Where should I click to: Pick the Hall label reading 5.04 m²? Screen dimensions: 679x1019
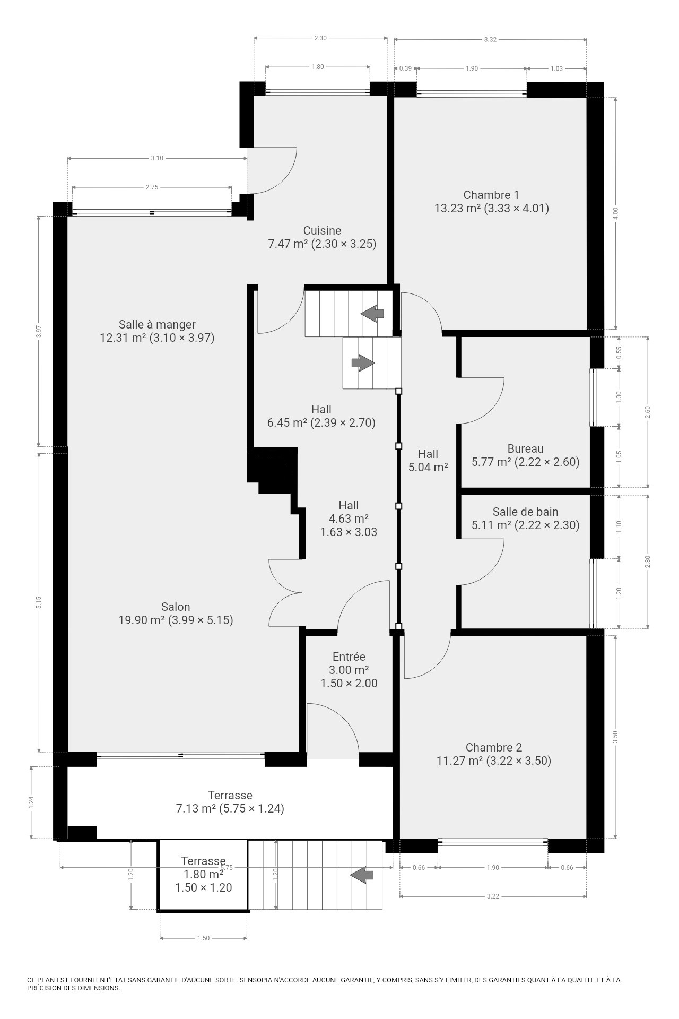428,461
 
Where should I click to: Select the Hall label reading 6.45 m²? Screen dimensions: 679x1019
321,416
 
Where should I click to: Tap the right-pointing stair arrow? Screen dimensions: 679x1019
363,363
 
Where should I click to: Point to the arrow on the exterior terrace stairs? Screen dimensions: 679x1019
362,875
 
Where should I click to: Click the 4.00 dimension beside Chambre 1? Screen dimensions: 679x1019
615,213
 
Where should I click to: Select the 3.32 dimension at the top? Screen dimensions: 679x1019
491,39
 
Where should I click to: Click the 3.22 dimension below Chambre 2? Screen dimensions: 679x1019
493,896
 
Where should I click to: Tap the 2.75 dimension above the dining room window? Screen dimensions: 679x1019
152,187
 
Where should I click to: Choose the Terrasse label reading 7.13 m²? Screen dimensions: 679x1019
230,802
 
